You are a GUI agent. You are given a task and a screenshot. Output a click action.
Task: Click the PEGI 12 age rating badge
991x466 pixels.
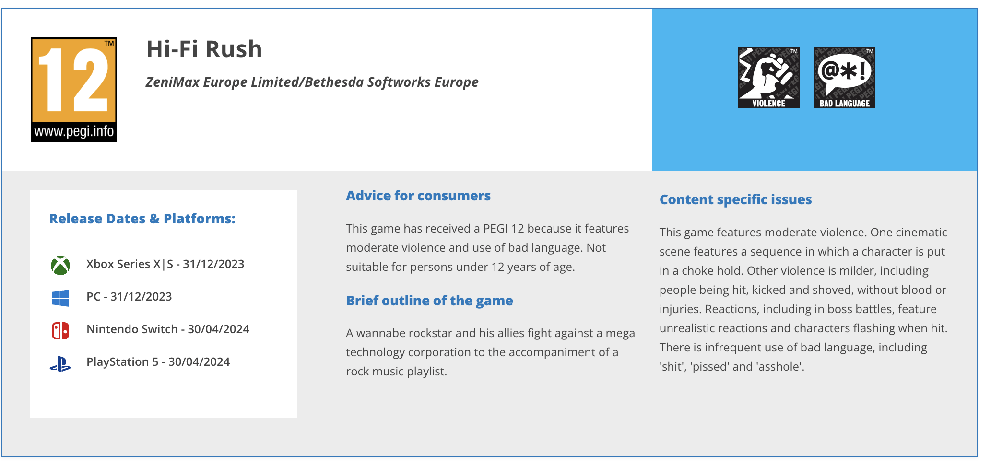[74, 90]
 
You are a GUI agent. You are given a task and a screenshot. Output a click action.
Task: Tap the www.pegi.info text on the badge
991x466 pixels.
[74, 131]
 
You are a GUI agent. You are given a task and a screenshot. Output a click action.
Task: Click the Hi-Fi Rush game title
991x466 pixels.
[204, 49]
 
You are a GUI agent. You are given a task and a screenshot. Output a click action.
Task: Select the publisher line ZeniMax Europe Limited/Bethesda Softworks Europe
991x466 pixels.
[312, 82]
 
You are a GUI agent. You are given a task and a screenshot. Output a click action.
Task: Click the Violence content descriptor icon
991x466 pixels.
[768, 78]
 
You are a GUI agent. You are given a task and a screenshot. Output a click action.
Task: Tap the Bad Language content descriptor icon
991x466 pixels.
[844, 78]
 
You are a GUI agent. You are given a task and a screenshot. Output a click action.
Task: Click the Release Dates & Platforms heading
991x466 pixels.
[142, 219]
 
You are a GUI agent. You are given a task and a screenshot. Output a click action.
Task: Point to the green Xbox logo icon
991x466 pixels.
[60, 265]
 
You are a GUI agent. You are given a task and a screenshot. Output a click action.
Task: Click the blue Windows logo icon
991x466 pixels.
[60, 298]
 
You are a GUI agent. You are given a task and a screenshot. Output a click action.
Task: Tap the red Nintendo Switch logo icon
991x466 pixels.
[60, 330]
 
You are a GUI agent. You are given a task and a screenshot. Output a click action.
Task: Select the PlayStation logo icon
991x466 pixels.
[60, 364]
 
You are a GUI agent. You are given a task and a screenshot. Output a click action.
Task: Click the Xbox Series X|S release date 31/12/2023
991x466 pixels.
[213, 264]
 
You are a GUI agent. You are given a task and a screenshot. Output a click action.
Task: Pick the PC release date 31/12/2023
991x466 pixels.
[141, 297]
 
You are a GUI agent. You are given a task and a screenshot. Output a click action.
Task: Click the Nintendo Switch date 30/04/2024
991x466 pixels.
[218, 329]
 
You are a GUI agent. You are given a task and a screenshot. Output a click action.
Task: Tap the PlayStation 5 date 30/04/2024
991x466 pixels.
[199, 362]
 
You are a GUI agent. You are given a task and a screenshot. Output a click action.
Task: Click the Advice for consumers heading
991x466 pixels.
[418, 196]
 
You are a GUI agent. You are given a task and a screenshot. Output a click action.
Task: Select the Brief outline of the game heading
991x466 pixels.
[429, 301]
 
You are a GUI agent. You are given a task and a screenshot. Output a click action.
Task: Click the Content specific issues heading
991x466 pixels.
[735, 199]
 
